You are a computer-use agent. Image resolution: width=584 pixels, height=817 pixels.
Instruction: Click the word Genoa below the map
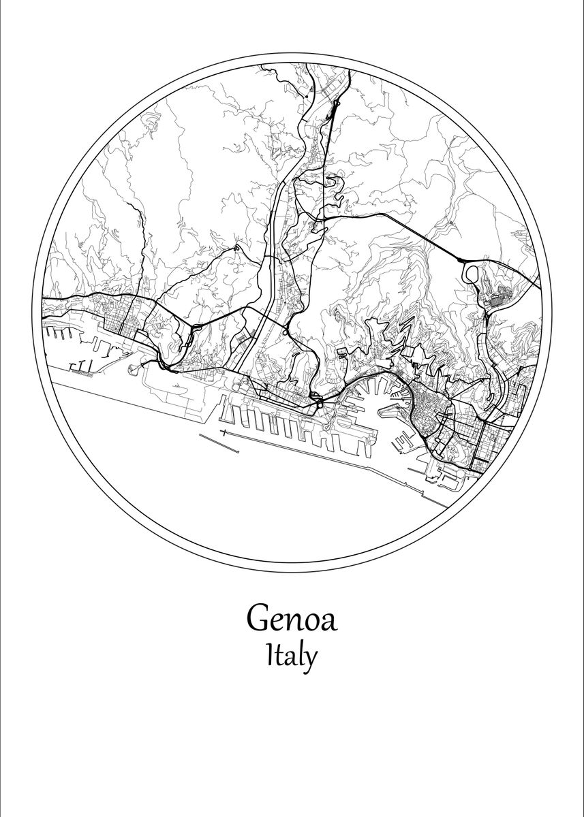292,618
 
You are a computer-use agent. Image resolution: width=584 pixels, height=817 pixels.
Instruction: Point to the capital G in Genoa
260,618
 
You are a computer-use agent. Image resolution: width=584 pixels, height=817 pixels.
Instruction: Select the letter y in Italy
309,660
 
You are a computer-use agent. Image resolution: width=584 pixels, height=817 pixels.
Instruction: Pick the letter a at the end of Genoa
328,621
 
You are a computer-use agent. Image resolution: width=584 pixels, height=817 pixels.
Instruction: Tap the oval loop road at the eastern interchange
472,274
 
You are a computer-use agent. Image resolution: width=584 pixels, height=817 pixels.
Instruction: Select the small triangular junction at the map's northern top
336,106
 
